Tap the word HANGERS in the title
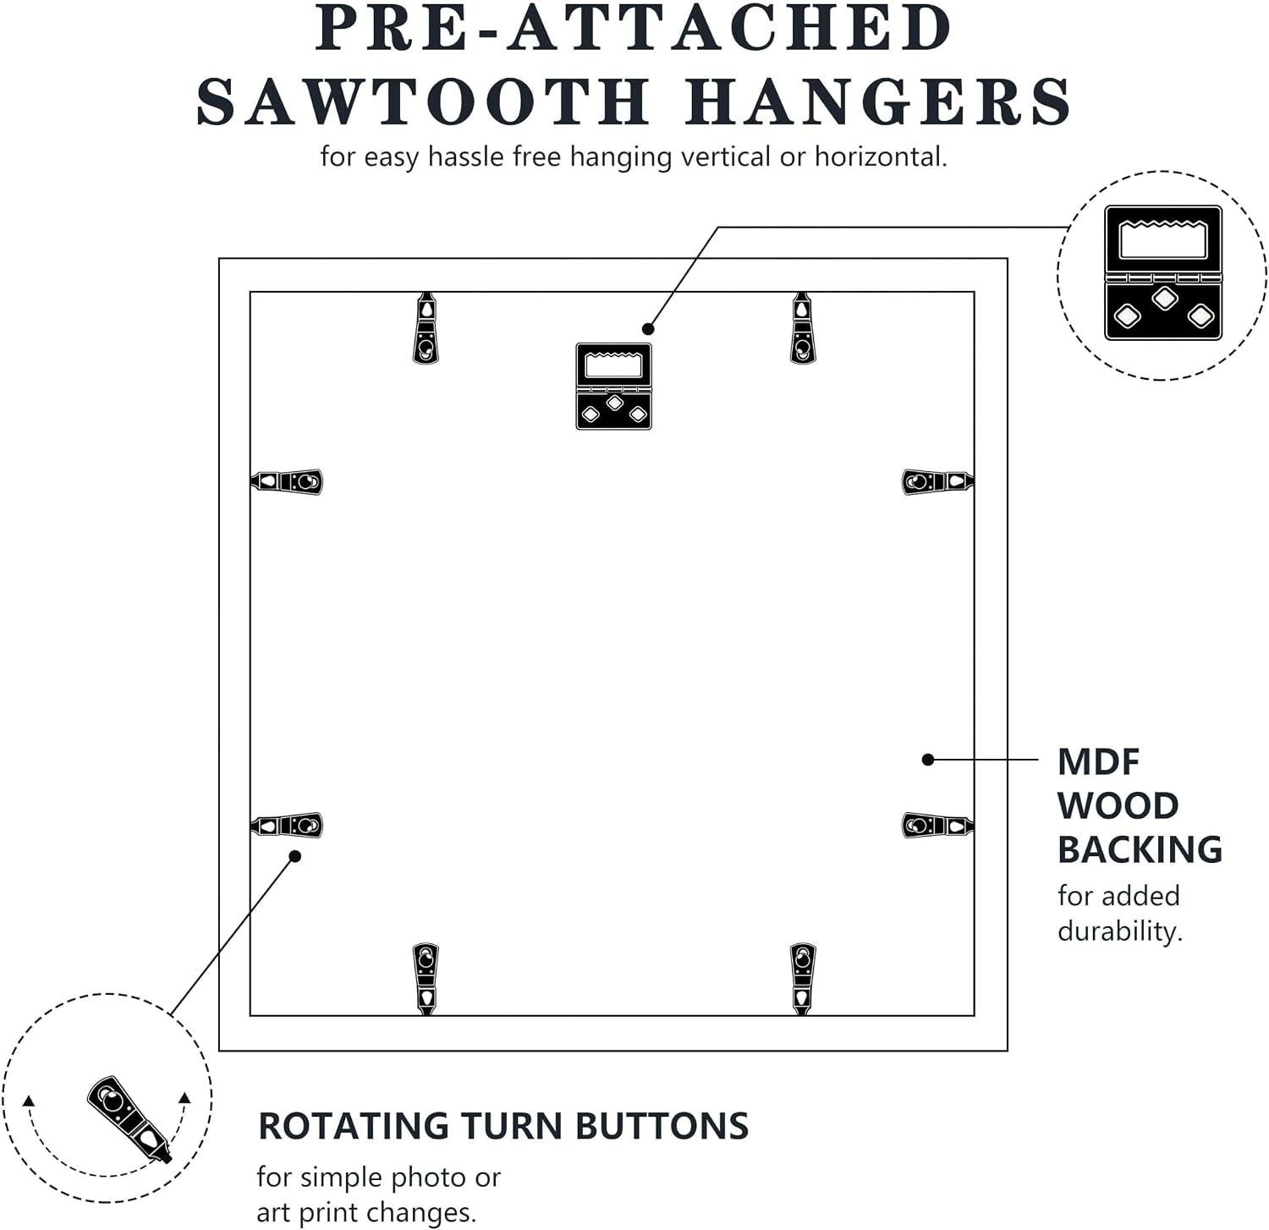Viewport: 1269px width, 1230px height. click(x=879, y=102)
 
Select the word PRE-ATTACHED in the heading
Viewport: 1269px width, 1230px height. click(x=634, y=27)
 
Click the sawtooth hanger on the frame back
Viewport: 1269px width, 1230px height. click(x=614, y=386)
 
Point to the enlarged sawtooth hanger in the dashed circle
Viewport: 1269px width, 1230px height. click(x=1163, y=272)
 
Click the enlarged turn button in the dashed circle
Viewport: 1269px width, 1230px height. click(x=129, y=1118)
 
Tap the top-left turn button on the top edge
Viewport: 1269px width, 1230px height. click(x=426, y=328)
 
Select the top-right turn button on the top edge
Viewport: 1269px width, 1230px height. click(x=802, y=328)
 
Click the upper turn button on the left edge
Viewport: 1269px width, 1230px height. click(x=287, y=481)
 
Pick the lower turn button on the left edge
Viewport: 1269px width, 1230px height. click(x=287, y=825)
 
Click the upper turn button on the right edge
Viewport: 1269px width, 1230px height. click(x=938, y=481)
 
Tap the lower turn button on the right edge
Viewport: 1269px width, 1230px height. click(x=938, y=825)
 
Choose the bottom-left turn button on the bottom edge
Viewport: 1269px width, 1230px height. click(x=426, y=979)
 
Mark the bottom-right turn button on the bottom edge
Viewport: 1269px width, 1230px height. click(x=802, y=979)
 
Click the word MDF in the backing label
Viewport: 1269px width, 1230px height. click(x=1099, y=762)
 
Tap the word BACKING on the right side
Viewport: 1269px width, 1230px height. click(x=1140, y=849)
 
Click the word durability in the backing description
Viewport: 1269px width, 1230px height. click(x=1119, y=931)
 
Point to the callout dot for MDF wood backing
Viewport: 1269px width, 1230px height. click(x=928, y=760)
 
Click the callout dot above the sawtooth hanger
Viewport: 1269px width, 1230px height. click(x=648, y=329)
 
